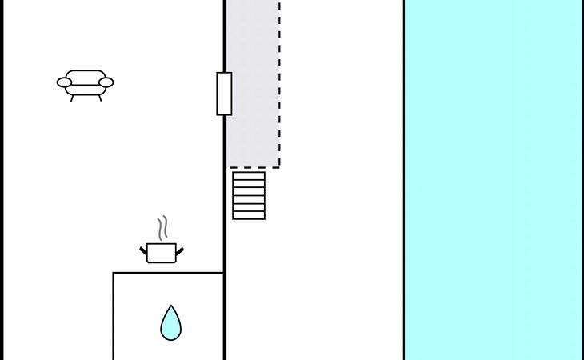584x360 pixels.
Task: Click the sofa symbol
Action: pos(86,82)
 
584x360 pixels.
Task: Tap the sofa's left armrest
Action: pos(64,82)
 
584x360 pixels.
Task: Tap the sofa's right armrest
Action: pos(106,82)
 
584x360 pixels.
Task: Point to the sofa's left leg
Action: pos(72,98)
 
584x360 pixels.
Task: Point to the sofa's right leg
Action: pos(100,98)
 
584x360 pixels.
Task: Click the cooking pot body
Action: pos(162,254)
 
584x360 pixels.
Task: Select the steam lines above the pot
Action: pos(163,228)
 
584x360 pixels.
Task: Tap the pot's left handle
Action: pos(144,251)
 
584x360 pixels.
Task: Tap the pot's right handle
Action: pos(179,251)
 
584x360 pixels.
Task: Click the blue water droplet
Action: pos(170,324)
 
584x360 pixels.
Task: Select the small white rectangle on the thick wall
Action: pos(224,94)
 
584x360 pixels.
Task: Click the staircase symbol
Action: pos(249,195)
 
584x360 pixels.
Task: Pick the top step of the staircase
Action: pos(249,176)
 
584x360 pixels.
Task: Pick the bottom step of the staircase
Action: pos(249,215)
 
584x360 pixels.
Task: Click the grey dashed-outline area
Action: pos(253,80)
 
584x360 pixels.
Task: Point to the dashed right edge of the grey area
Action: pos(279,80)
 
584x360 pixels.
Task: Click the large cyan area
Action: pos(493,180)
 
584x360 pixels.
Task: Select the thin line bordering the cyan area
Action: pos(404,180)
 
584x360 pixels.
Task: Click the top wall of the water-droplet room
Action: pos(168,273)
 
